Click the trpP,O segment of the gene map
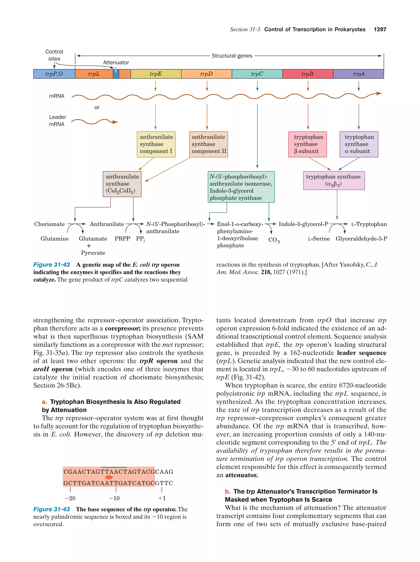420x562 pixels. point(54,74)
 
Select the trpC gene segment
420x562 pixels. point(257,74)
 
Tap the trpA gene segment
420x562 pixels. point(358,74)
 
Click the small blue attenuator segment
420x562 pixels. point(116,74)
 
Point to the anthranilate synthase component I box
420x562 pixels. point(156,144)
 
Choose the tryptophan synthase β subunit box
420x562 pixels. point(307,144)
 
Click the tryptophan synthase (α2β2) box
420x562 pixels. point(334,180)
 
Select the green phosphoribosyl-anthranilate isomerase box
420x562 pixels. point(241,187)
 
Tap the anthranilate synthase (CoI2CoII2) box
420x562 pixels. point(122,184)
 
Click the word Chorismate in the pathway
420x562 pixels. point(50,224)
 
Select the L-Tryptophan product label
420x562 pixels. point(369,224)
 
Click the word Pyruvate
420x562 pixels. point(93,253)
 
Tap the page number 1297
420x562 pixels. point(380,30)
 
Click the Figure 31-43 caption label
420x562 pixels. point(52,509)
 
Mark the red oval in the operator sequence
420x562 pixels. point(109,477)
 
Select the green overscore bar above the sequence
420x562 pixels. point(114,467)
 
